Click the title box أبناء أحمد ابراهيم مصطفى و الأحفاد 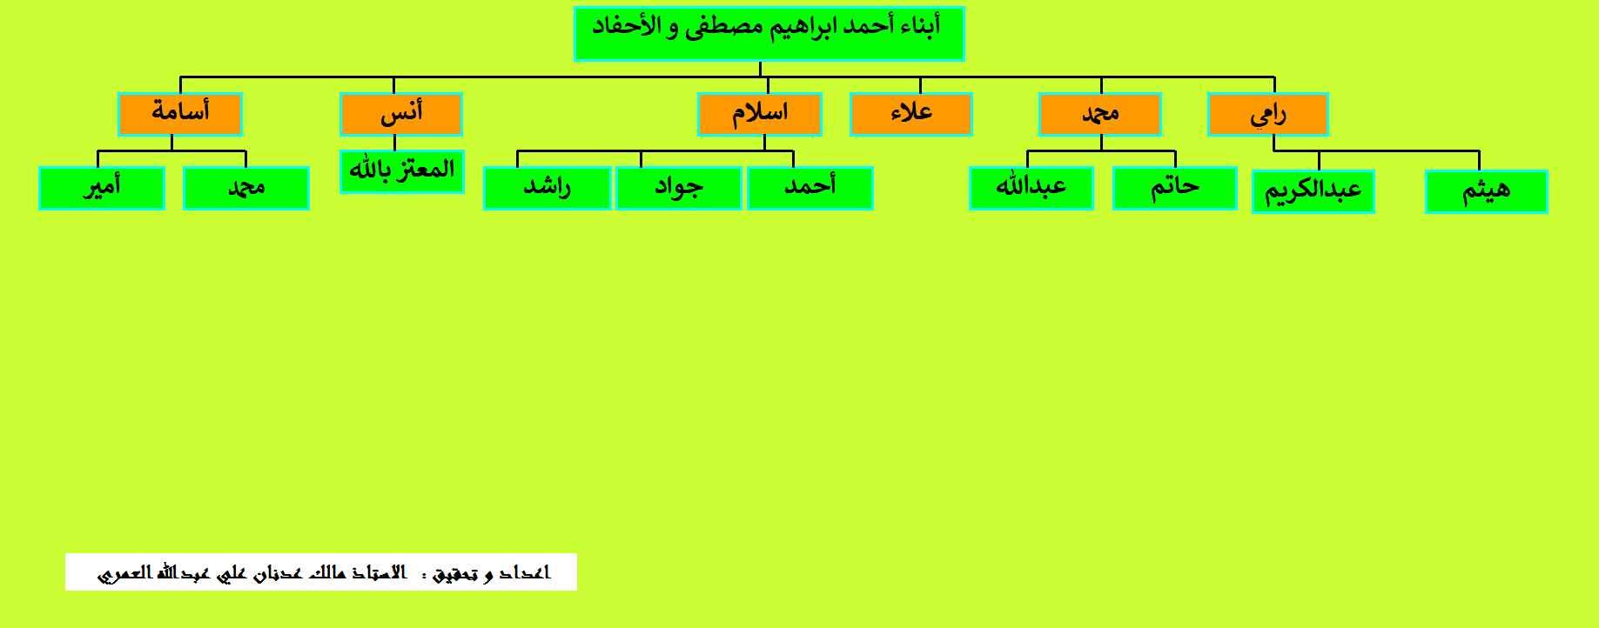tap(769, 34)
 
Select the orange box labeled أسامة tap(180, 114)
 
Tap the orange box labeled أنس tap(401, 114)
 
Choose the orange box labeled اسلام tap(760, 114)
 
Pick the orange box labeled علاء tap(911, 114)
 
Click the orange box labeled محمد tap(1100, 114)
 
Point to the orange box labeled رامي tap(1268, 114)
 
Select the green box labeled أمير tap(102, 188)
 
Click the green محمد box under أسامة tap(246, 188)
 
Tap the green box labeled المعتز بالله tap(401, 171)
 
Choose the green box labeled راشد tap(548, 188)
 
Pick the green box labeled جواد tap(679, 188)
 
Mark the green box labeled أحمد tap(810, 188)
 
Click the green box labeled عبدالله tap(1031, 188)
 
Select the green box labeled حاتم tap(1175, 188)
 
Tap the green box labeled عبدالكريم tap(1313, 191)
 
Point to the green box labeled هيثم tap(1487, 191)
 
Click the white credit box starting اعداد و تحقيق tap(321, 571)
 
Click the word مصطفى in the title tap(723, 28)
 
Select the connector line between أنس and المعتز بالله tap(394, 144)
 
